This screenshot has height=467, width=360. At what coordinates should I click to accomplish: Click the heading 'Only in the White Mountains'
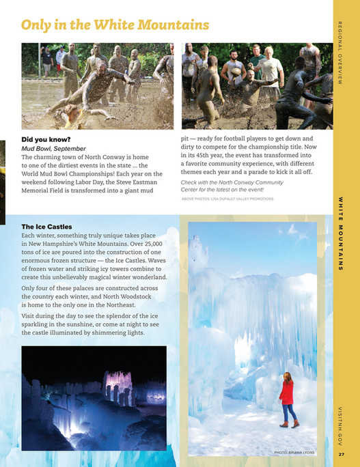[x=115, y=25]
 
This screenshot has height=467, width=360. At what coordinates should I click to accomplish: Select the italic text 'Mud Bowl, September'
[x=54, y=148]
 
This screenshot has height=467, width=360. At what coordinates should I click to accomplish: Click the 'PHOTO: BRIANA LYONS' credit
[x=294, y=452]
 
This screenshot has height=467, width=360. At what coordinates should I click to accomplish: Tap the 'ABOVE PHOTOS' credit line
[x=227, y=199]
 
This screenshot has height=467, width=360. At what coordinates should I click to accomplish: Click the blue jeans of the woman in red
[x=290, y=412]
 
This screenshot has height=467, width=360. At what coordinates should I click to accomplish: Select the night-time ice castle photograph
[x=94, y=397]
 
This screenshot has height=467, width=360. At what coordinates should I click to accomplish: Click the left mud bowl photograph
[x=97, y=85]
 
